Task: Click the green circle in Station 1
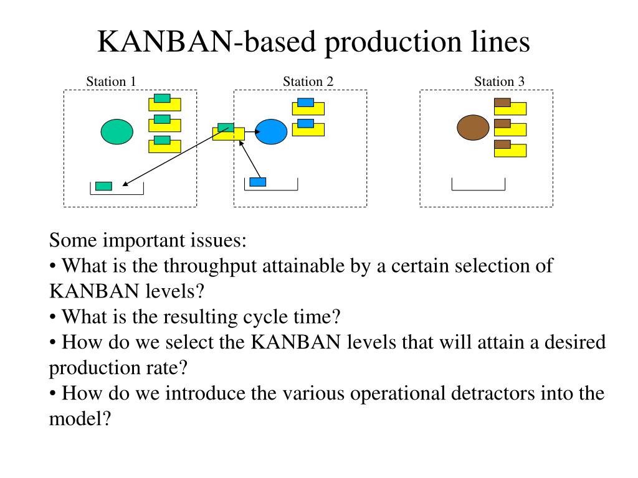[x=117, y=132]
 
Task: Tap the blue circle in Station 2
[x=271, y=132]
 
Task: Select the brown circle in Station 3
[x=473, y=127]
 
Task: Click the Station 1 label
[x=111, y=82]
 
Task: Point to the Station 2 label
[x=308, y=82]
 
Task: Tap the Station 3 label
[x=499, y=82]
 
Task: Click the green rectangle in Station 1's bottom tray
[x=104, y=186]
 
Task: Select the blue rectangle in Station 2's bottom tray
[x=257, y=182]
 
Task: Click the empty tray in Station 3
[x=478, y=190]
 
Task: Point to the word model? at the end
[x=80, y=419]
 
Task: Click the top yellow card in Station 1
[x=164, y=104]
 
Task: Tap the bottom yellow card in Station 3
[x=510, y=150]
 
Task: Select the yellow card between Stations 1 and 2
[x=229, y=134]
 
